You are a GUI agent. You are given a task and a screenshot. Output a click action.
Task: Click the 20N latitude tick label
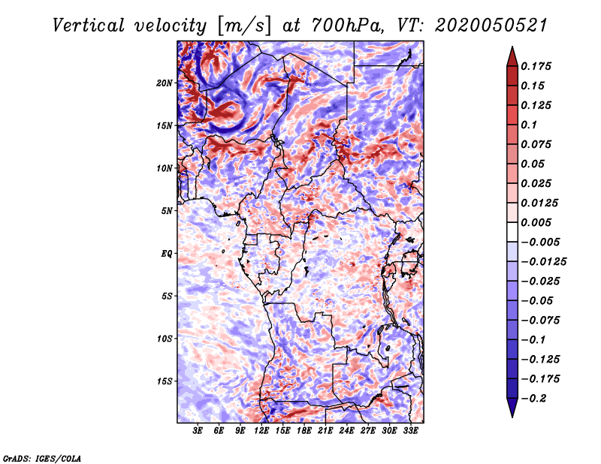click(x=165, y=83)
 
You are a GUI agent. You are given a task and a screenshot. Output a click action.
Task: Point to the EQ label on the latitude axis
click(x=167, y=254)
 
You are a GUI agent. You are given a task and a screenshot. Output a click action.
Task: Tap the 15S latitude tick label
click(x=165, y=381)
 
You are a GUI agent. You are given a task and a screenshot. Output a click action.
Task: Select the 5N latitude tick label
click(x=167, y=211)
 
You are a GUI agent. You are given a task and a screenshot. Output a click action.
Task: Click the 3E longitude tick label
click(x=198, y=431)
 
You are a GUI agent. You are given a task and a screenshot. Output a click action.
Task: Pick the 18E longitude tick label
click(x=304, y=431)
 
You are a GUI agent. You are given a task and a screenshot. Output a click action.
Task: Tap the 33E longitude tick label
click(x=410, y=431)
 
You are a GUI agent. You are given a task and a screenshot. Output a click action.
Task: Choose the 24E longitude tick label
click(x=346, y=431)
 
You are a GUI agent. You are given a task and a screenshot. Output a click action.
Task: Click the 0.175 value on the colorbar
click(x=536, y=66)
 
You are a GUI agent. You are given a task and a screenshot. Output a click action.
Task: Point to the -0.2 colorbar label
click(x=533, y=399)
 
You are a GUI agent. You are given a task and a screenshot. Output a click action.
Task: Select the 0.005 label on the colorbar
click(x=536, y=222)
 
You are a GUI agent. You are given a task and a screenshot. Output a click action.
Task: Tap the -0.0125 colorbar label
click(x=543, y=262)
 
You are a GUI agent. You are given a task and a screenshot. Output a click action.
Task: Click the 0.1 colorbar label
click(x=529, y=125)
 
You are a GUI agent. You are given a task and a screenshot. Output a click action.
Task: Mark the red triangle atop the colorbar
click(x=512, y=56)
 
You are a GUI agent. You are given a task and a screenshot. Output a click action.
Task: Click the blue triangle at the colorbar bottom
click(x=512, y=408)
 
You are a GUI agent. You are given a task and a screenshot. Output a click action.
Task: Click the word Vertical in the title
click(x=89, y=26)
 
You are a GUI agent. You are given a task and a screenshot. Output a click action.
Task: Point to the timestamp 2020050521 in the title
click(x=491, y=26)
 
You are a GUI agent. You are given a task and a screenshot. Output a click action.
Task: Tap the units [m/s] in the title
click(x=245, y=26)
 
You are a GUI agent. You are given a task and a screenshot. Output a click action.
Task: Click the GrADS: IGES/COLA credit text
click(x=42, y=458)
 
